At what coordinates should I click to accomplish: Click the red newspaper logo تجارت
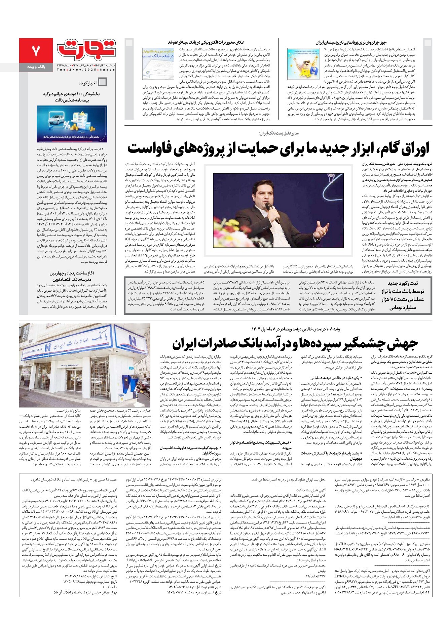coord(86,49)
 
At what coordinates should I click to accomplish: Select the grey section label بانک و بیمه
coord(36,67)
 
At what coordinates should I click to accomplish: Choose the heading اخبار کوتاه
coord(88,83)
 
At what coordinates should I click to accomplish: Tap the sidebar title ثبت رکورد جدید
coord(406,283)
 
